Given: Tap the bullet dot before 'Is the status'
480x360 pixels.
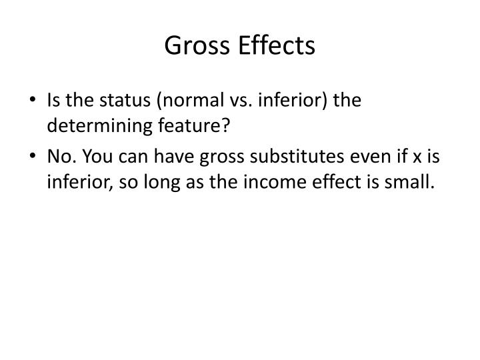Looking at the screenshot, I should click(35, 101).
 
